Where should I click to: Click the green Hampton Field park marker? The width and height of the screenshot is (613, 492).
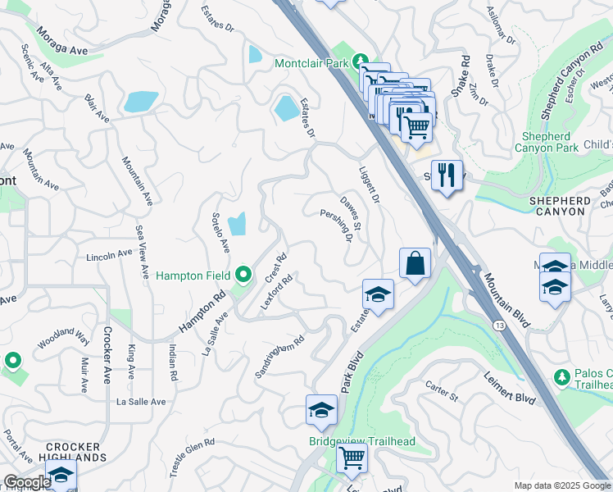pyautogui.click(x=243, y=274)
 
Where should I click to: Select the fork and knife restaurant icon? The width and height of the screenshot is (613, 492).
pyautogui.click(x=447, y=177)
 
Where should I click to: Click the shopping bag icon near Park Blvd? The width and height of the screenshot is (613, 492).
pyautogui.click(x=415, y=264)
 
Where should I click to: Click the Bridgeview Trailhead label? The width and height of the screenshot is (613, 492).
pyautogui.click(x=361, y=442)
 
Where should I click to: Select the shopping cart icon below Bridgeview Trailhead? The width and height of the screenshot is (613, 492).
pyautogui.click(x=352, y=458)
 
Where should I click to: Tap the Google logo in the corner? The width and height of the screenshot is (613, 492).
pyautogui.click(x=26, y=482)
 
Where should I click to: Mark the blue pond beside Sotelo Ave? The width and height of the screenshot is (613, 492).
pyautogui.click(x=237, y=224)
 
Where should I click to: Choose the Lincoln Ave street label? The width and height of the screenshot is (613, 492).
pyautogui.click(x=109, y=256)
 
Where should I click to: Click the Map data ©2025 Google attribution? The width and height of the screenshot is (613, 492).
pyautogui.click(x=561, y=485)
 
